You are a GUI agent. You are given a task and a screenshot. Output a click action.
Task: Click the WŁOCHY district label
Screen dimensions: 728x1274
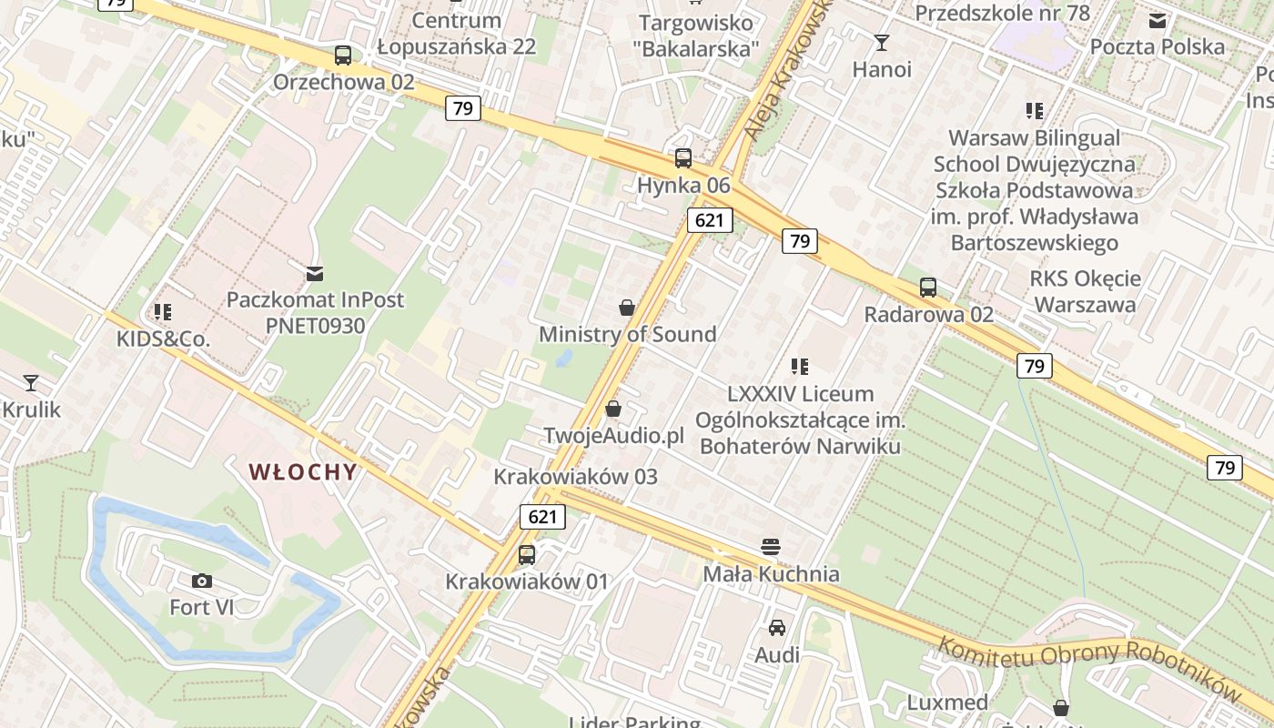pos(302,471)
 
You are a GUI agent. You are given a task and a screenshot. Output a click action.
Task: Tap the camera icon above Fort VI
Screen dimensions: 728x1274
pos(202,581)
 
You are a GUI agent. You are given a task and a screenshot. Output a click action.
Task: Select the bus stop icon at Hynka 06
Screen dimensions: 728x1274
pos(683,158)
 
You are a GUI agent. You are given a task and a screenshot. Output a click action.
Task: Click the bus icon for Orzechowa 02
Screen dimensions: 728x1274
pos(343,55)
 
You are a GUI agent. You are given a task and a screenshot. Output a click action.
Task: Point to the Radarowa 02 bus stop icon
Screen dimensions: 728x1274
pos(928,288)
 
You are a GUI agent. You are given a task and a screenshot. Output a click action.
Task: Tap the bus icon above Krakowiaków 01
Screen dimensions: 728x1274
pos(526,554)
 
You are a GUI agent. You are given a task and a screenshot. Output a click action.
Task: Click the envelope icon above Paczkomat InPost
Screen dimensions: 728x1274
pos(315,273)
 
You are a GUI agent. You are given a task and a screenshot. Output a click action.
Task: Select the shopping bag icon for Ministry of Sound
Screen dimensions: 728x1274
pos(627,308)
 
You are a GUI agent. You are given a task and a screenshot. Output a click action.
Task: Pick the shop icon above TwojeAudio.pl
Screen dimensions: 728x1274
pos(613,409)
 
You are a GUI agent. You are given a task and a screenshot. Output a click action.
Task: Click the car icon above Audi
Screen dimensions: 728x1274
pos(777,628)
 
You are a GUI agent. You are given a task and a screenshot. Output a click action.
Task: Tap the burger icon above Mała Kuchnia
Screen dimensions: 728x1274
pos(771,547)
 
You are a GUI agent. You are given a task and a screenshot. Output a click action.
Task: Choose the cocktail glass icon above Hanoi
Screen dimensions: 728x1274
pos(881,42)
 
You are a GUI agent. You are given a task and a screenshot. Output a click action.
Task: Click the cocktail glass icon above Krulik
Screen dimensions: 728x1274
pos(31,382)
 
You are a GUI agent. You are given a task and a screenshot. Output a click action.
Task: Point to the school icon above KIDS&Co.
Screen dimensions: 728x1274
pos(163,312)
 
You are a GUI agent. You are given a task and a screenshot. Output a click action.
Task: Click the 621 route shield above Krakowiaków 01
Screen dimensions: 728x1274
pos(542,517)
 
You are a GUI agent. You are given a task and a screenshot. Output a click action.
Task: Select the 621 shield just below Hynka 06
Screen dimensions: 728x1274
pos(710,219)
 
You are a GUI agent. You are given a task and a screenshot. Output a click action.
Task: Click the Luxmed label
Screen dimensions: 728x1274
pos(947,703)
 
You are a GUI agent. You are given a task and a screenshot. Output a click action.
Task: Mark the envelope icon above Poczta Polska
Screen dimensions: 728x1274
pos(1158,21)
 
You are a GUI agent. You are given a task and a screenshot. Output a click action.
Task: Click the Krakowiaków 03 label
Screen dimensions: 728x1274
pos(575,476)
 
